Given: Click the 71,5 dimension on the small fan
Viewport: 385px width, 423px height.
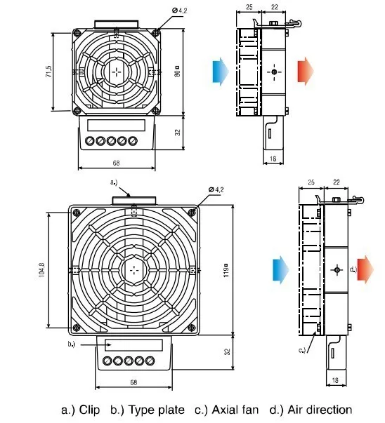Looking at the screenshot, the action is point(49,72).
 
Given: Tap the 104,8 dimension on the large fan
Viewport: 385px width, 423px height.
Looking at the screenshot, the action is point(42,270).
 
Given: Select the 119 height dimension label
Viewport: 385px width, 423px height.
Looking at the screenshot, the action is point(226,271).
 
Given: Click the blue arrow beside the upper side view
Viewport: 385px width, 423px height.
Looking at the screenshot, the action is point(221,72).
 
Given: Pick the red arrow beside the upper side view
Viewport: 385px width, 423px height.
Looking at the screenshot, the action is point(306,72).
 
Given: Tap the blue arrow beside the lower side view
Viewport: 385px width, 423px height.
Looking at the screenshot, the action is point(281,270).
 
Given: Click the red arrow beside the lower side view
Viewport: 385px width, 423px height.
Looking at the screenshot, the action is point(365,270).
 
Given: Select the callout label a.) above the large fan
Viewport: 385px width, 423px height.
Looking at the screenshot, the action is point(114,182).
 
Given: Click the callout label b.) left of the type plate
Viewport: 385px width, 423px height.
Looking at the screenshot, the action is point(72,344).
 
